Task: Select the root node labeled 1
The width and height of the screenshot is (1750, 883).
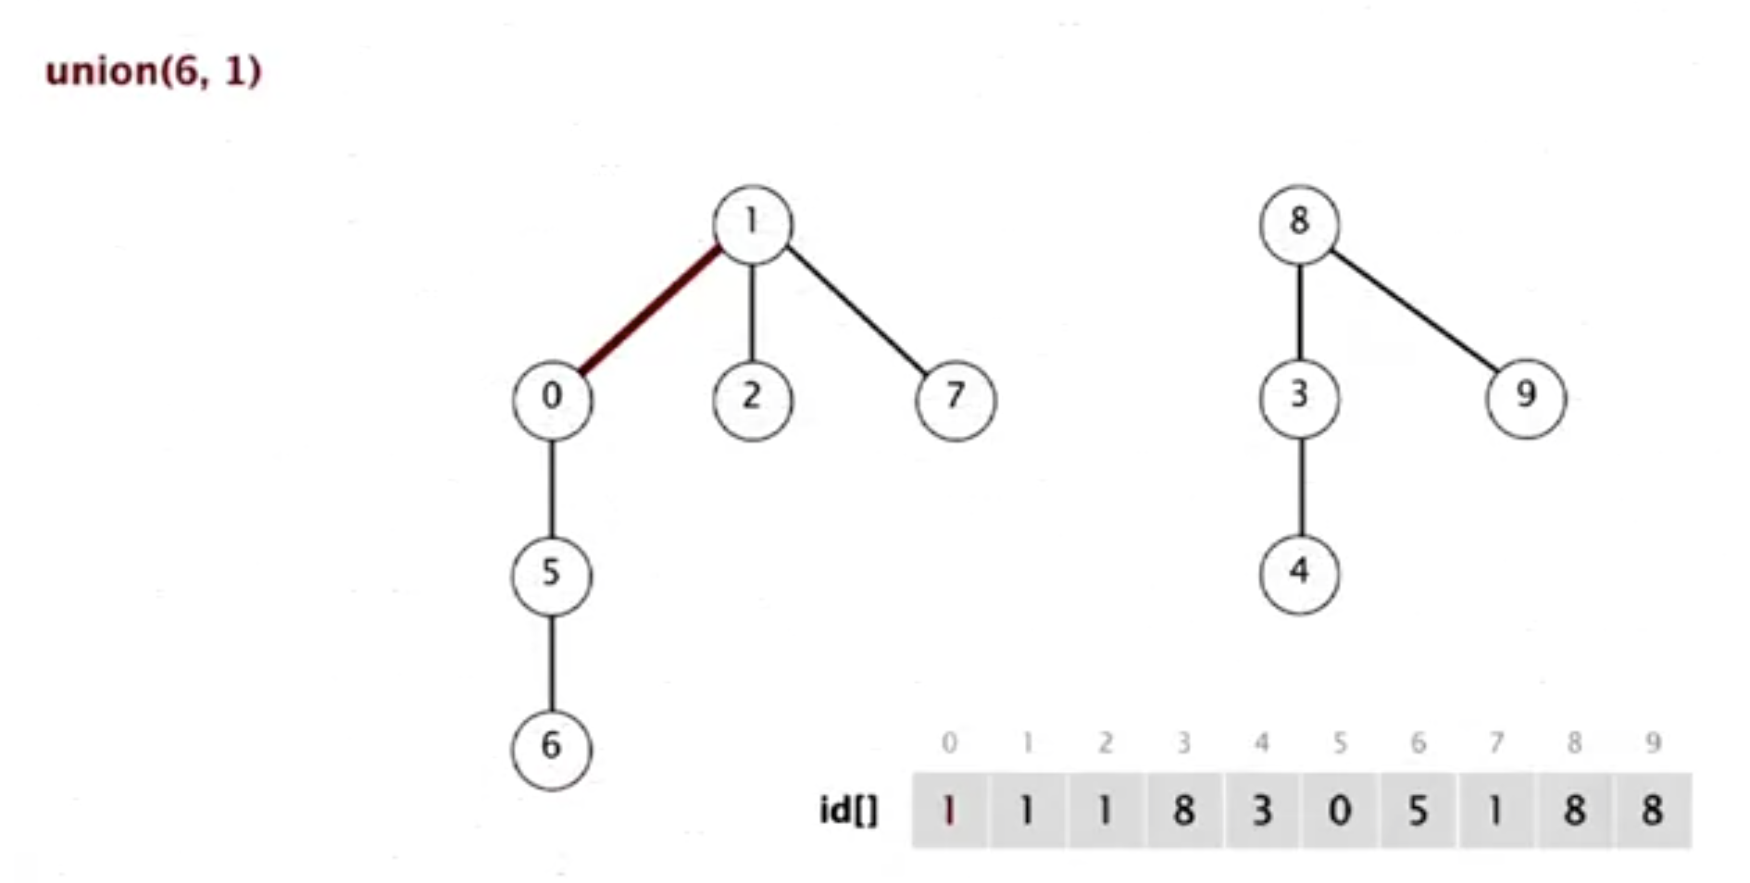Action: [752, 224]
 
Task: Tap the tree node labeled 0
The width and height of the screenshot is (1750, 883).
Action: [552, 399]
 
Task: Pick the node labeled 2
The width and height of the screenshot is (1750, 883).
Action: [752, 399]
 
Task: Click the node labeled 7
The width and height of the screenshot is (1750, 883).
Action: [956, 399]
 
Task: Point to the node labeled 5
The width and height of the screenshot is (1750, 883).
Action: [552, 574]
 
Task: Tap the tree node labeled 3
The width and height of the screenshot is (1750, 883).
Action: [1299, 397]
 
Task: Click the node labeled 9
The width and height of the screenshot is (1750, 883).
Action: [1526, 397]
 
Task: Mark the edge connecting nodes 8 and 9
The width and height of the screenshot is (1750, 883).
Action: [1413, 310]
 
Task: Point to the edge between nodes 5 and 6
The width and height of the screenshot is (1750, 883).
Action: [552, 661]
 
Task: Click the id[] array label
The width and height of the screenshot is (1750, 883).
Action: [848, 811]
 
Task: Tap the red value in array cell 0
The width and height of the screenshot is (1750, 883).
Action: [949, 811]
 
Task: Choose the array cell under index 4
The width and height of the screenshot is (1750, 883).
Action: [1262, 811]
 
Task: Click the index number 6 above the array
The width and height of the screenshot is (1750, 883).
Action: [1418, 742]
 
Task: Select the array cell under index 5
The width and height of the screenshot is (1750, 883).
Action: [1340, 811]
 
